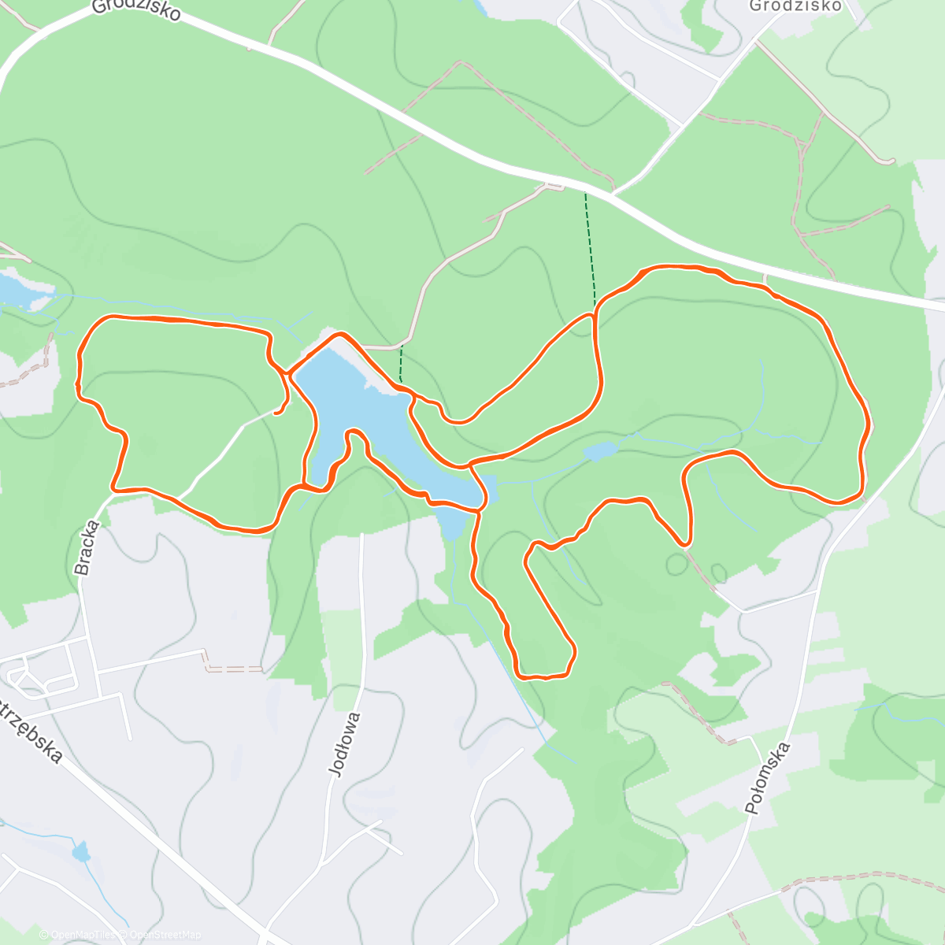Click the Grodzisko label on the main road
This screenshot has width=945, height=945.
136,9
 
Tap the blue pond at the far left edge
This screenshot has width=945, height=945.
16,289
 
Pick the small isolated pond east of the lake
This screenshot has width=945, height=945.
600,451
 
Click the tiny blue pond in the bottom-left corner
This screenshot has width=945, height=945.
81,852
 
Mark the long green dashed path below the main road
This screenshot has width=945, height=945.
590,244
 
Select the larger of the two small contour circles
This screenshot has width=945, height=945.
676,564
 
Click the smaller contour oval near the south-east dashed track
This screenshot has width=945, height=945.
718,573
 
